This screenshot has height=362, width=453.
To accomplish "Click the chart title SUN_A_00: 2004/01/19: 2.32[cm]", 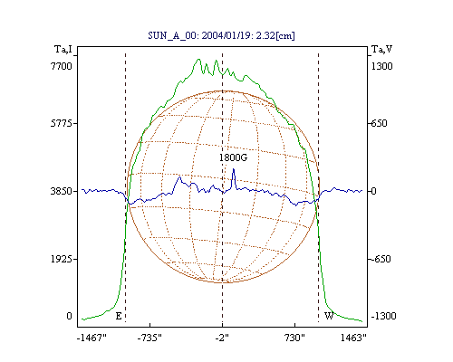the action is (x=221, y=35).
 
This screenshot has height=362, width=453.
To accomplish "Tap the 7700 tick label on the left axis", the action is (x=62, y=66).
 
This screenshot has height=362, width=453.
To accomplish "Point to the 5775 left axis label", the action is (x=62, y=123).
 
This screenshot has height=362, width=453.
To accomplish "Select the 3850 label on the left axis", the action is (x=62, y=191).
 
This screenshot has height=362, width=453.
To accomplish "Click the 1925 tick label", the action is (x=62, y=259).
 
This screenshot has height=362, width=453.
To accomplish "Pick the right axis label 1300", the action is (x=382, y=66).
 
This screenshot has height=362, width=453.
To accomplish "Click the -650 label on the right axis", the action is (x=381, y=259).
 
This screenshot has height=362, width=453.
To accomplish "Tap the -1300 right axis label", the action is (x=383, y=316).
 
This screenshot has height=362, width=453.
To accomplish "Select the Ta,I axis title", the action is (x=63, y=49).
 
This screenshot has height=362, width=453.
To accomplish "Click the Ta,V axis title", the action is (x=381, y=49).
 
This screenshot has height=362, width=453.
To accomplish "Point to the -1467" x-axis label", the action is (x=92, y=338).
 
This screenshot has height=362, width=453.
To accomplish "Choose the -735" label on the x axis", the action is (x=149, y=338).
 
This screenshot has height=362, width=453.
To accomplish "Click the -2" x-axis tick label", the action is (x=222, y=338).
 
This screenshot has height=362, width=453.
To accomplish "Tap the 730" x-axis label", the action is (x=294, y=338).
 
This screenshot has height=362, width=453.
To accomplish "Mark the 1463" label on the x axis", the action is (x=353, y=338).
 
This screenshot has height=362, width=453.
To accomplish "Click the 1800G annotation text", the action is (x=233, y=157).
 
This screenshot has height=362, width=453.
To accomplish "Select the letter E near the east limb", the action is (x=119, y=316).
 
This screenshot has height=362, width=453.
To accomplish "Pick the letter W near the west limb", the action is (x=329, y=316).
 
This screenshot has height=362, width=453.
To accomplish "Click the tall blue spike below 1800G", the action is (x=233, y=169).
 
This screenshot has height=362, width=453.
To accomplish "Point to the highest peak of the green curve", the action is (x=198, y=59).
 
